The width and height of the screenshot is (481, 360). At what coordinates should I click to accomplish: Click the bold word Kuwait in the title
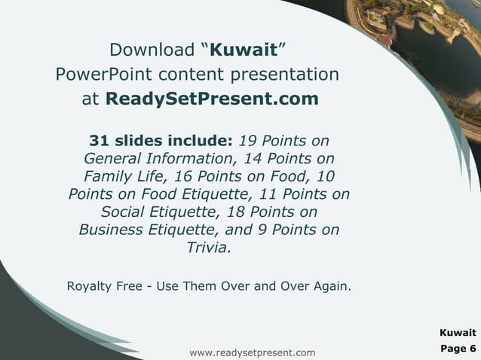click(243, 51)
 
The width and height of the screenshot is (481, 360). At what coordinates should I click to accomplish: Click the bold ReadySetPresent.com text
click(212, 99)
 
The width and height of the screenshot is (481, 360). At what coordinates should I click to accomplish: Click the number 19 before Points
click(249, 141)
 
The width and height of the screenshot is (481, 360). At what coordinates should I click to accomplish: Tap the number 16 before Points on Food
click(183, 176)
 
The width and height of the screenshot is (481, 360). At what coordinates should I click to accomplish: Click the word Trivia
click(209, 247)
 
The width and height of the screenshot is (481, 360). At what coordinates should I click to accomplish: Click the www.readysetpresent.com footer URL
click(253, 352)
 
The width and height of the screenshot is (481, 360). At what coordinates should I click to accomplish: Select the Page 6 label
click(458, 348)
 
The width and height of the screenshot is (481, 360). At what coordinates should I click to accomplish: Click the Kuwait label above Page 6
click(458, 332)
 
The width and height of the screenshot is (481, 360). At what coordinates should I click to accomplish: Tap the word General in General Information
click(115, 159)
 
